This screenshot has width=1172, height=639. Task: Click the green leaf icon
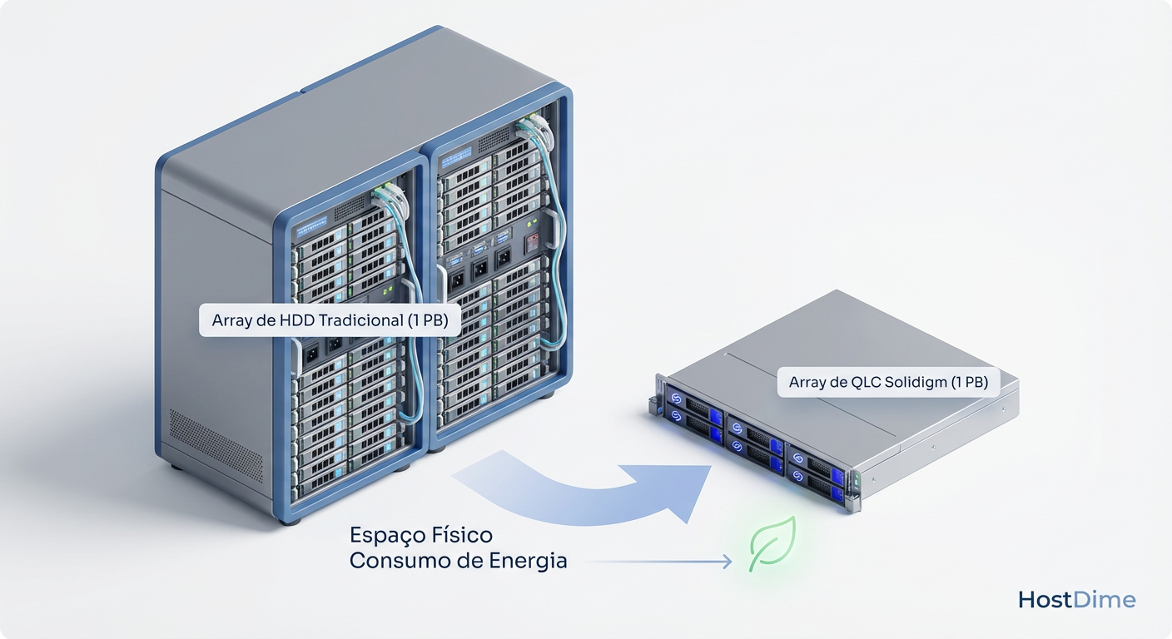point(772,544)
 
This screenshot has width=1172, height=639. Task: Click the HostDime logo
point(1076,600)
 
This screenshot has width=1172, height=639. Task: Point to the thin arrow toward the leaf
point(658,562)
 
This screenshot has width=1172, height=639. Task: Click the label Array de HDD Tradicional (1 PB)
point(330,320)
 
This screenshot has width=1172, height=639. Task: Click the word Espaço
point(385,534)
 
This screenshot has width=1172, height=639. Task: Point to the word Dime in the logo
point(1105,600)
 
